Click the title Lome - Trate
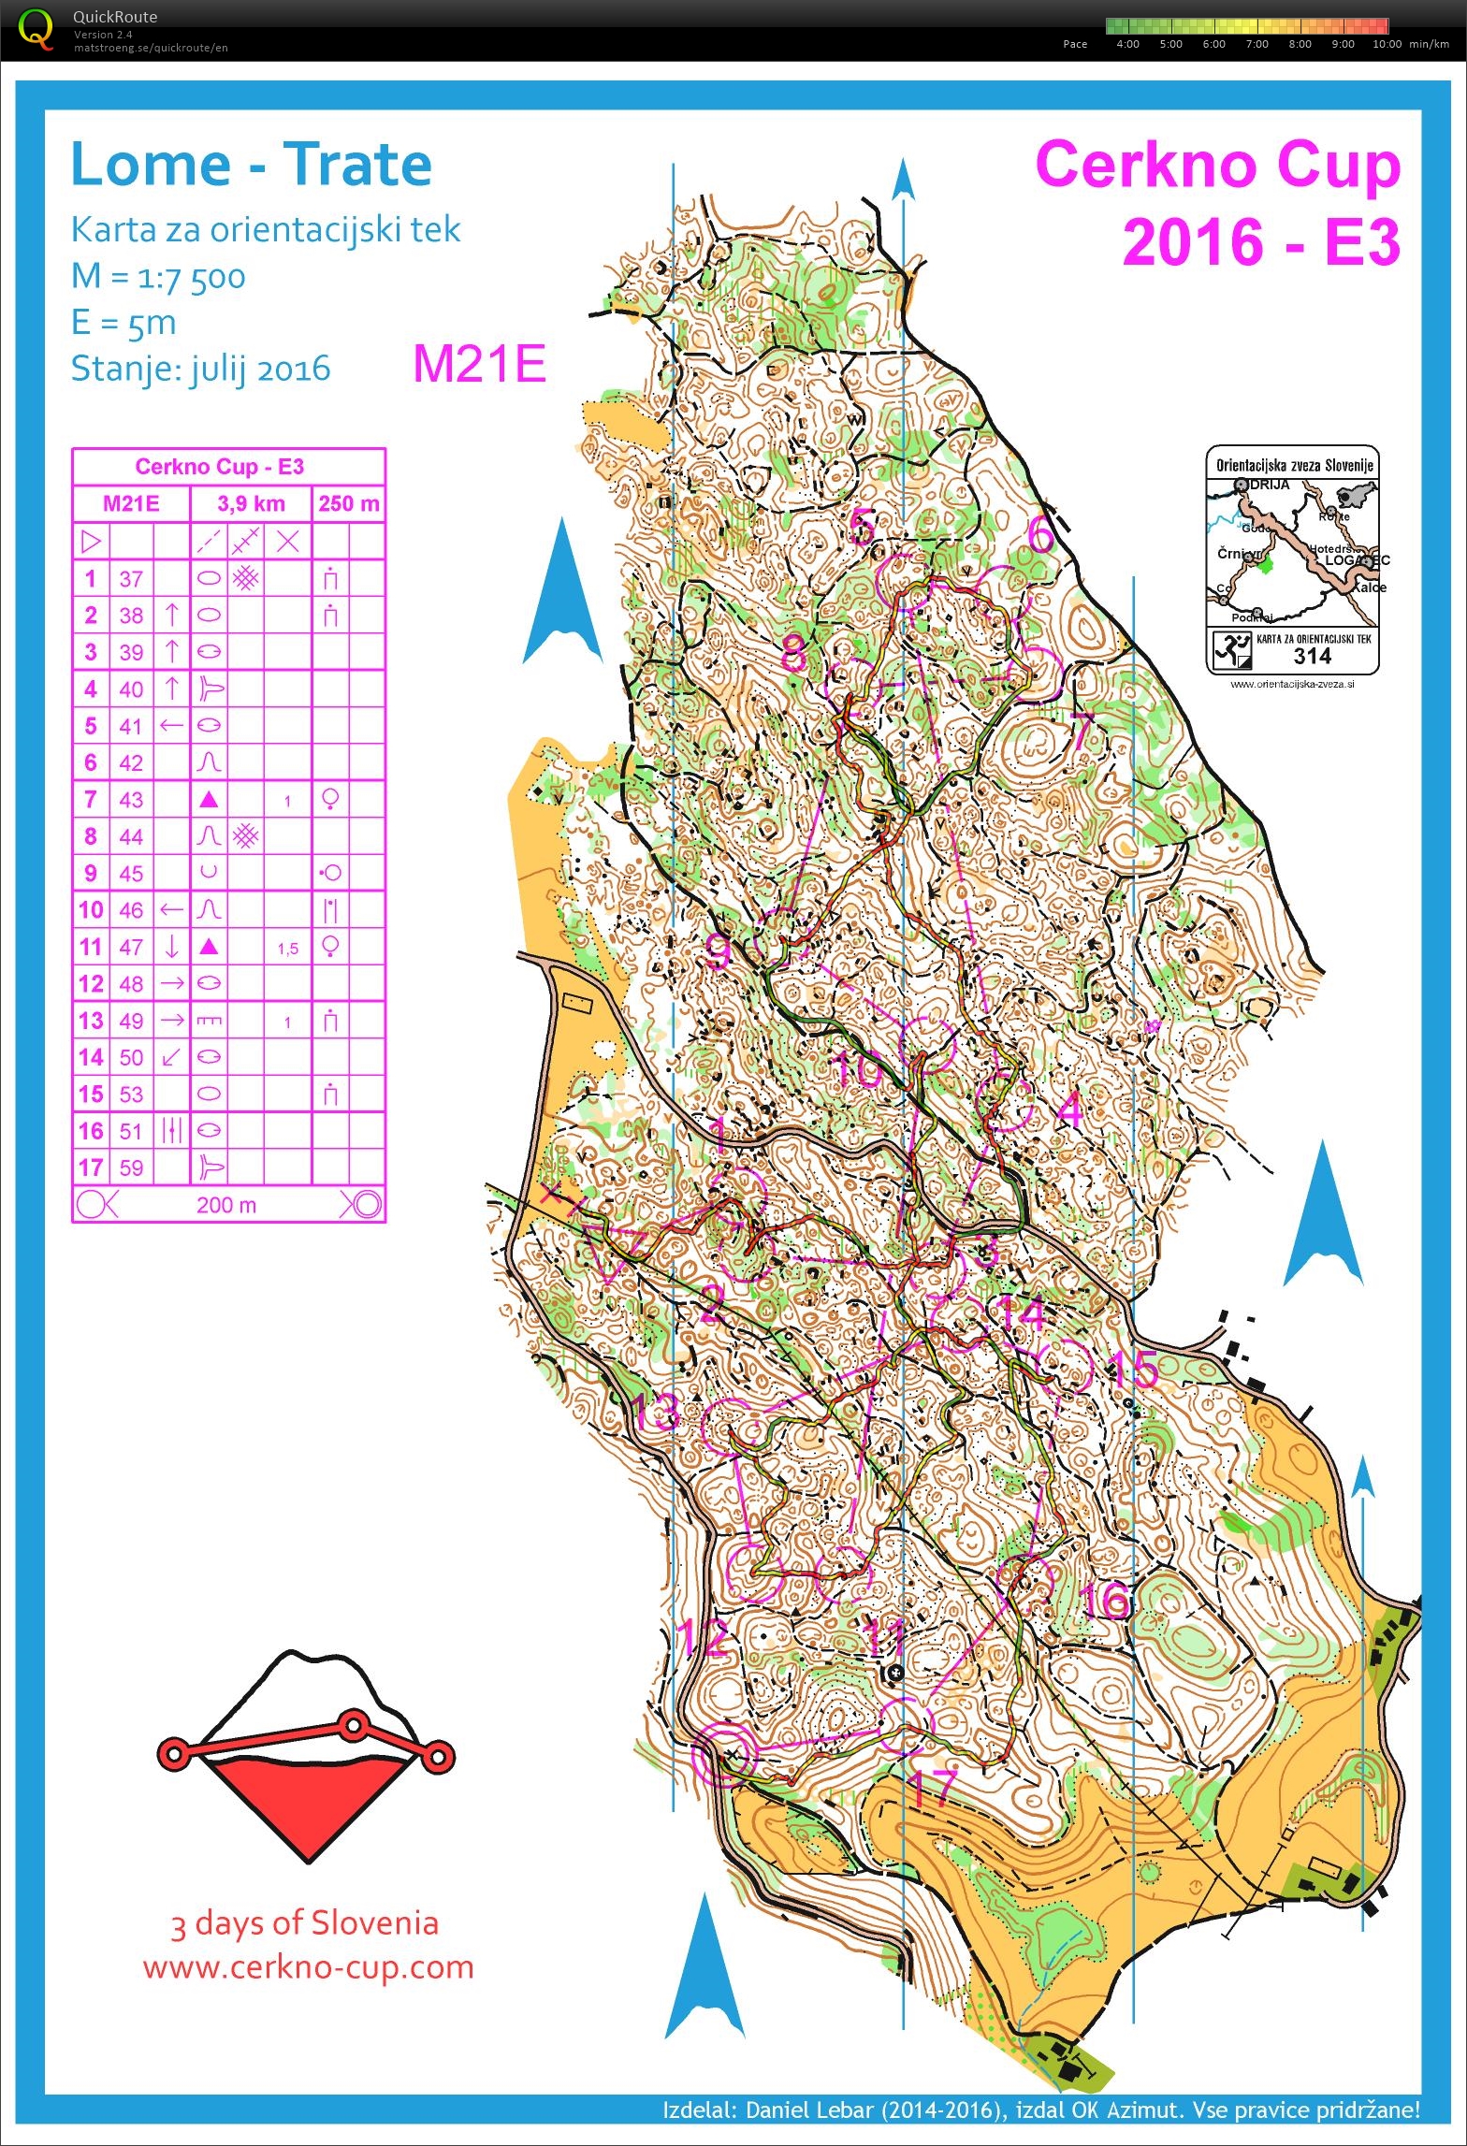click(251, 166)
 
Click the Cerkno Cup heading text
click(1217, 166)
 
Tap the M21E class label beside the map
click(479, 364)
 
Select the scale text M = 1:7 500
click(158, 277)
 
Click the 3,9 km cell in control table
click(251, 504)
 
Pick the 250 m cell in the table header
click(348, 504)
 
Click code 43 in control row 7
click(131, 800)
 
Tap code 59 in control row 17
click(131, 1167)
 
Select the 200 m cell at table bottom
click(226, 1205)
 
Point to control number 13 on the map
click(654, 1411)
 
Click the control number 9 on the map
click(718, 951)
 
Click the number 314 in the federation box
click(1312, 656)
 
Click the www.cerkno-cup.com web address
click(308, 1965)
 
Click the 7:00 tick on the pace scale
click(1256, 44)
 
